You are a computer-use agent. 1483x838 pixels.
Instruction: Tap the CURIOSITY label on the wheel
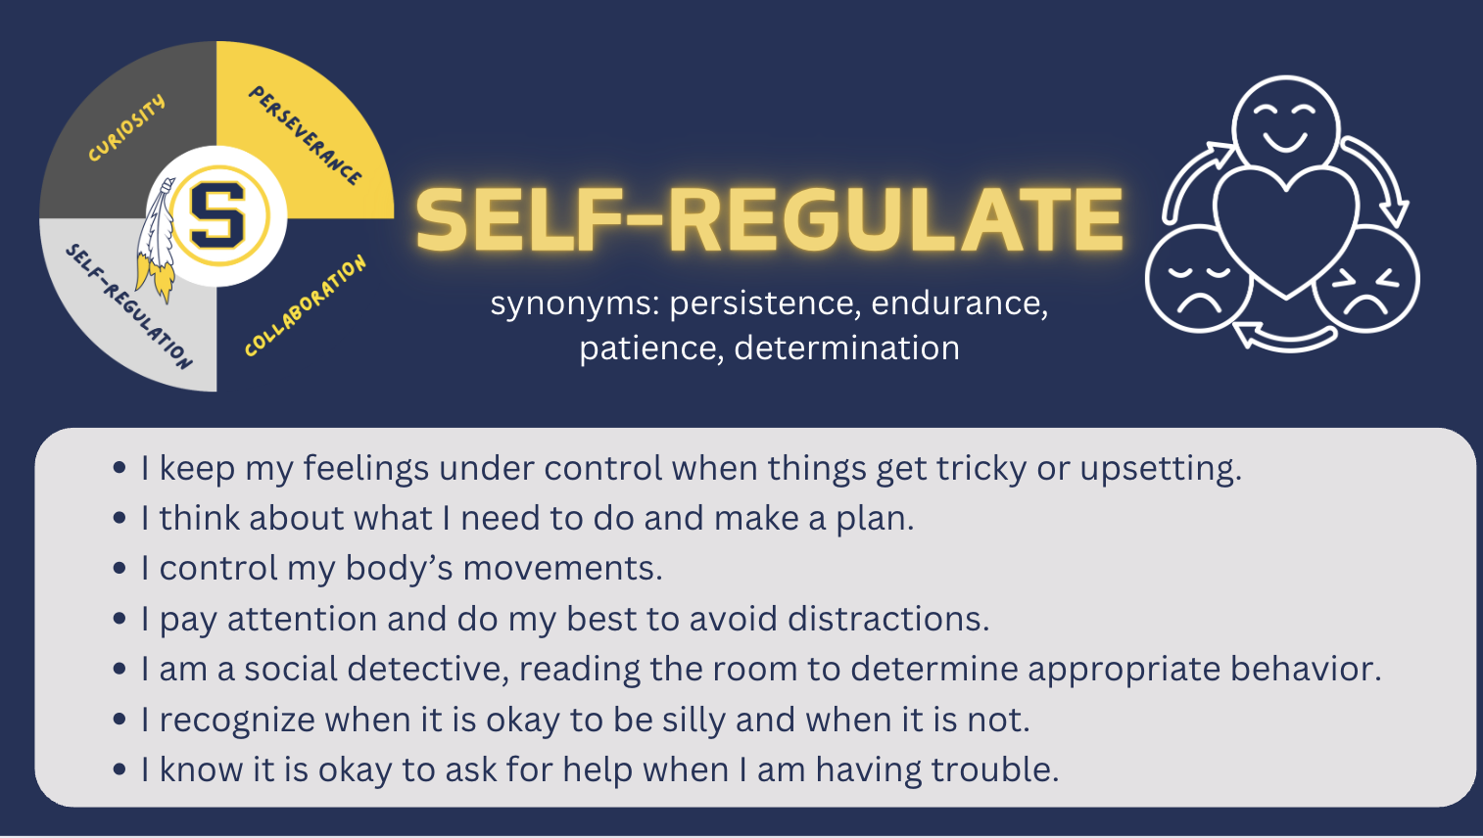[126, 128]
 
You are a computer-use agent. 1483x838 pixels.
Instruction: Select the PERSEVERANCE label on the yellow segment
[306, 135]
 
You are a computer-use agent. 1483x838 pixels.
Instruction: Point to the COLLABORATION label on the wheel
[306, 305]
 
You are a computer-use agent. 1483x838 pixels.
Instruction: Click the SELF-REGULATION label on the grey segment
[128, 305]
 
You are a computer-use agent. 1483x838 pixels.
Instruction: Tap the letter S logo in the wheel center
[218, 214]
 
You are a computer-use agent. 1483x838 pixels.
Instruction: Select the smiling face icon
[1285, 119]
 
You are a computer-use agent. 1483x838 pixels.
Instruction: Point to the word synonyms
[574, 303]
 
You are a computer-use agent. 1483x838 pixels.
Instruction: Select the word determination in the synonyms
[846, 349]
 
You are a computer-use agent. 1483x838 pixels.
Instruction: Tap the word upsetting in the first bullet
[1160, 469]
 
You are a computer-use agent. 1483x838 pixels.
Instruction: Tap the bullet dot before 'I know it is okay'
[120, 770]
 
